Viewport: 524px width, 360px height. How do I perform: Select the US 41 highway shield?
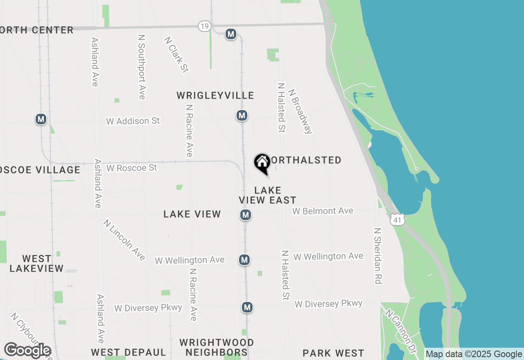click(397, 220)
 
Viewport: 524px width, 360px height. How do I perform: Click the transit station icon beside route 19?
click(231, 34)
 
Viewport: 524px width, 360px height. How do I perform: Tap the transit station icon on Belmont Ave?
click(245, 215)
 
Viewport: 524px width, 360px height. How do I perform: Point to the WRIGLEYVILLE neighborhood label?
click(215, 95)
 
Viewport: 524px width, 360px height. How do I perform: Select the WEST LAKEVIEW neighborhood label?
click(36, 263)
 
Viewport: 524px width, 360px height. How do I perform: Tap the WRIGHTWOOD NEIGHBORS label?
click(217, 347)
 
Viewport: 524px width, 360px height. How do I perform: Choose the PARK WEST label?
click(333, 353)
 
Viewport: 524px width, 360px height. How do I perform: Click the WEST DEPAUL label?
click(129, 353)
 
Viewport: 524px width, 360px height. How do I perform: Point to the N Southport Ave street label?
click(142, 67)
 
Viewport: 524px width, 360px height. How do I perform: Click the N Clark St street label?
click(176, 55)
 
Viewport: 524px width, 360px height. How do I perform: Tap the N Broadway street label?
click(300, 111)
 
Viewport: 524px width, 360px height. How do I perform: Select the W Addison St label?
click(133, 121)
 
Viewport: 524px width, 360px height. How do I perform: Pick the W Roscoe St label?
click(131, 168)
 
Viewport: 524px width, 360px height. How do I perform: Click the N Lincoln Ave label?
click(124, 240)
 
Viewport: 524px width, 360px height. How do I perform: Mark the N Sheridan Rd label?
click(377, 256)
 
